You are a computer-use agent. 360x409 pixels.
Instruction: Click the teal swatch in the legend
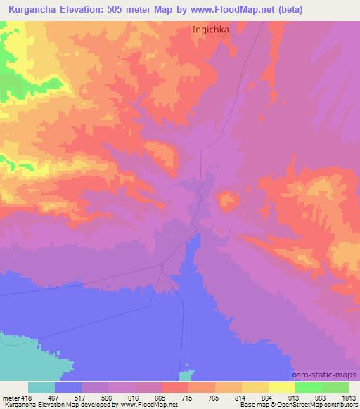pyautogui.click(x=41, y=387)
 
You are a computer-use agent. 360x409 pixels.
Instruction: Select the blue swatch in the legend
pyautogui.click(x=68, y=387)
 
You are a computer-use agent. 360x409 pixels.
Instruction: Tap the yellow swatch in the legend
pyautogui.click(x=281, y=387)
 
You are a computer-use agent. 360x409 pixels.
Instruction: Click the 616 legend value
pyautogui.click(x=136, y=397)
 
